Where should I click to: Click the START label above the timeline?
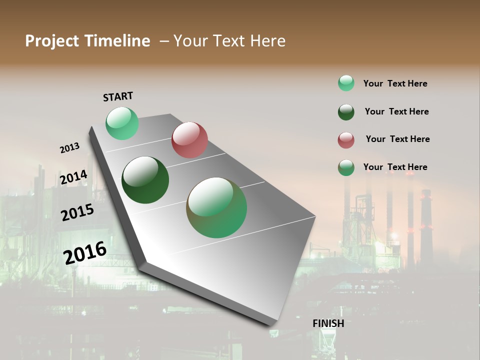tap(118, 96)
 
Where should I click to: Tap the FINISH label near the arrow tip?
tap(328, 323)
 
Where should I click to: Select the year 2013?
tap(69, 148)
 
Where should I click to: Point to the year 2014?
tap(73, 177)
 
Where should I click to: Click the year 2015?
tap(77, 212)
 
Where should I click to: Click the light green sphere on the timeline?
tap(122, 123)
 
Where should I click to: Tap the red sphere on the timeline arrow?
tap(189, 140)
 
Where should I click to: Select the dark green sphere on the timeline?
tap(145, 180)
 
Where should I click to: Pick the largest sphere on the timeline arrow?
tap(216, 207)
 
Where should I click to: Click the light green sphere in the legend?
tap(346, 83)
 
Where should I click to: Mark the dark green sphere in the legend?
tap(346, 112)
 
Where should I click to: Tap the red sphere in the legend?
tap(346, 140)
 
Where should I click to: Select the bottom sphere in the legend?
tap(346, 168)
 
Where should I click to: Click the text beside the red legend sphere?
tap(397, 139)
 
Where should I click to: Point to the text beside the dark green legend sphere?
tap(396, 111)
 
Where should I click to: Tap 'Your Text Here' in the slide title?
tap(229, 41)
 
